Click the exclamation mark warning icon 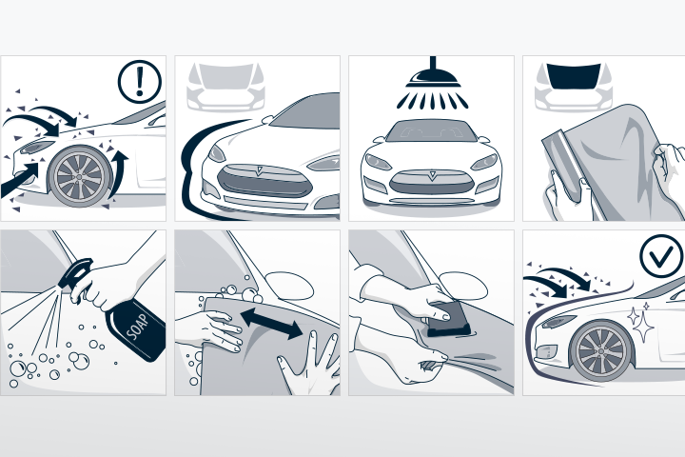pyautogui.click(x=140, y=82)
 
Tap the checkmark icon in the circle pyautogui.click(x=661, y=256)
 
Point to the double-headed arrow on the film pyautogui.click(x=271, y=324)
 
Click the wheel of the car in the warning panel pyautogui.click(x=80, y=177)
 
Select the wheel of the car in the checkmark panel pyautogui.click(x=602, y=351)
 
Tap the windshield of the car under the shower pyautogui.click(x=431, y=130)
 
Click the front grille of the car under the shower pyautogui.click(x=432, y=182)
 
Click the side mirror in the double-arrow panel pyautogui.click(x=289, y=286)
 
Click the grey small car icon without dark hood pyautogui.click(x=225, y=88)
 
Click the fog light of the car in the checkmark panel pyautogui.click(x=544, y=351)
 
